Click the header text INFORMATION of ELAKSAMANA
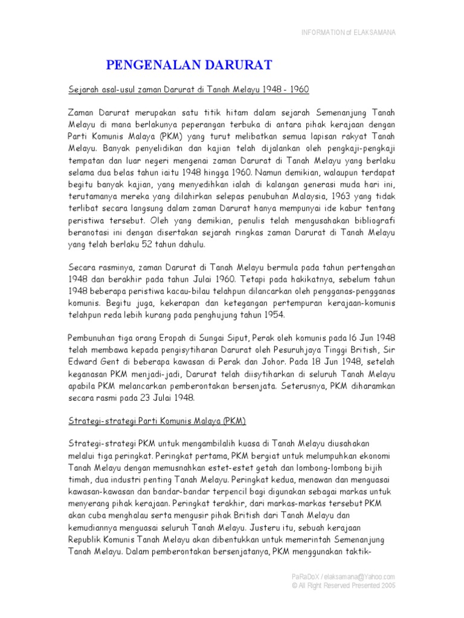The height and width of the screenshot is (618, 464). tap(349, 32)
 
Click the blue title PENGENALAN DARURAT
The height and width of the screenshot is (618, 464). tap(190, 65)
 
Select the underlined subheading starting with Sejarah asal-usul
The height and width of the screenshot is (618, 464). tap(188, 90)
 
